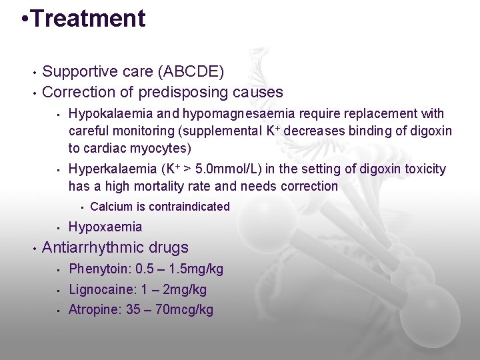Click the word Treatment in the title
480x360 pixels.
88,18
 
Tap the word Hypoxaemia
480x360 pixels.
105,227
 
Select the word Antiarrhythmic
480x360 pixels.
91,247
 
